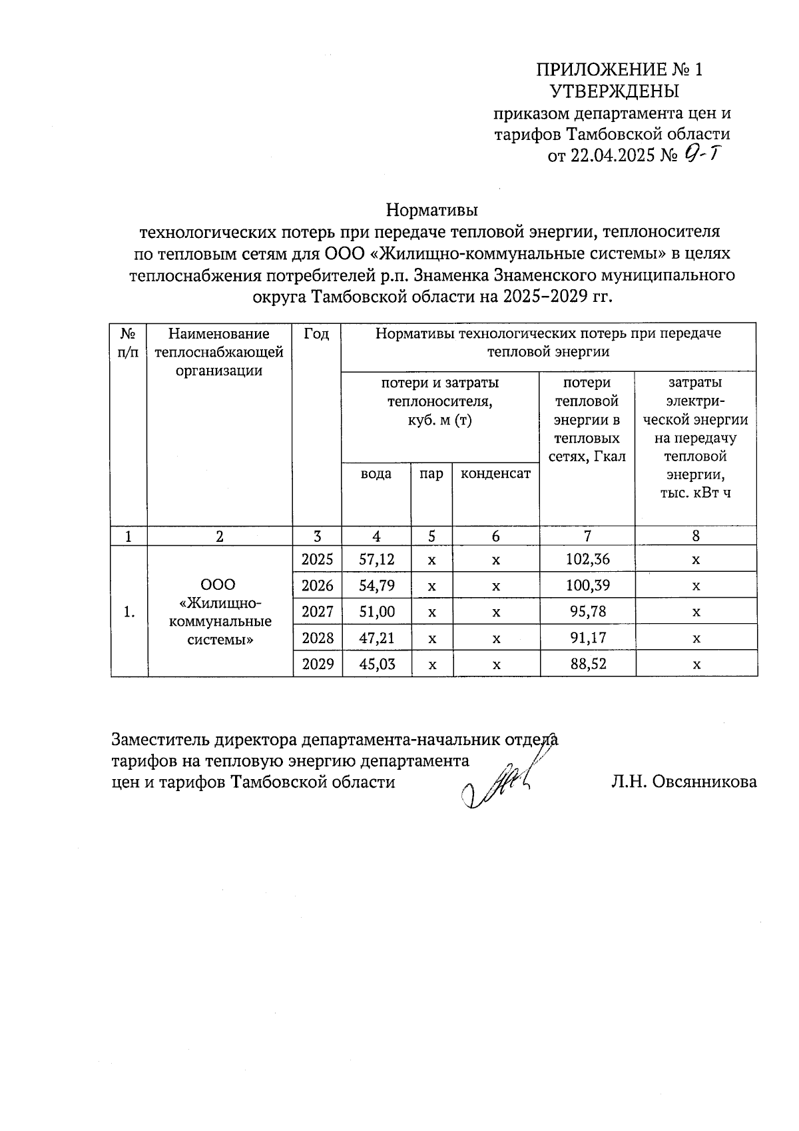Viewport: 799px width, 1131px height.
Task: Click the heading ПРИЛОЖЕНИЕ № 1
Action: tap(619, 70)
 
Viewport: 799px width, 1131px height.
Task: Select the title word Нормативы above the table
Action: tap(432, 211)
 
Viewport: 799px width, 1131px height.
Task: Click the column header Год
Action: tap(317, 334)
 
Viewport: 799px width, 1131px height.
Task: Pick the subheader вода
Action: tap(376, 474)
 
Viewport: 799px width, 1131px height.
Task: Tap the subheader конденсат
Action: tap(495, 474)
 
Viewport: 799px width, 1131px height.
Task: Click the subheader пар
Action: tap(431, 474)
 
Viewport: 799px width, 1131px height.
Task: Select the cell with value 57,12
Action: tap(377, 559)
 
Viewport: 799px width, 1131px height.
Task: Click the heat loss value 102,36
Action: tap(587, 559)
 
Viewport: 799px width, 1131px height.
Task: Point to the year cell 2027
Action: tap(318, 612)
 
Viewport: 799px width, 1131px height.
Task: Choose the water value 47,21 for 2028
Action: tap(377, 638)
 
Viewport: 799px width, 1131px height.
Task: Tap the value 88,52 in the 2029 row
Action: tap(587, 664)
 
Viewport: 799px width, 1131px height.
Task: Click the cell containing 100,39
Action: tap(587, 586)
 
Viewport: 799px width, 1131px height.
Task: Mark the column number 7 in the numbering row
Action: tap(587, 537)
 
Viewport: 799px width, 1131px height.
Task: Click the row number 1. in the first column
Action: tap(129, 612)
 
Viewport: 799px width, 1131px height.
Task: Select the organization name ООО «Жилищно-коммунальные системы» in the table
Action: tap(220, 612)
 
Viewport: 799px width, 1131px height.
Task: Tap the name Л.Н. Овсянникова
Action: tap(684, 782)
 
